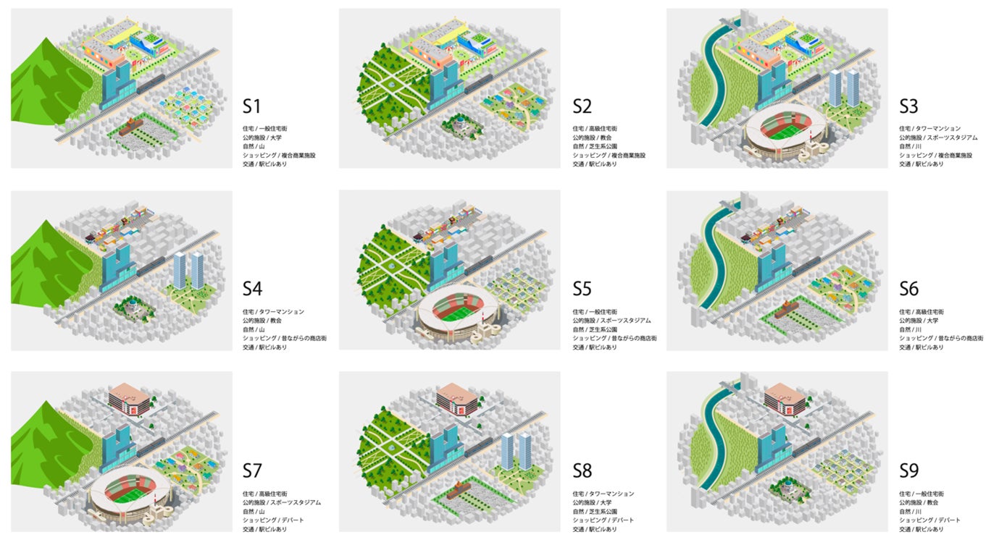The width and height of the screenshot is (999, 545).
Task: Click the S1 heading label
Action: (251, 106)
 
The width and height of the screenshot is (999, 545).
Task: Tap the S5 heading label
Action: (582, 289)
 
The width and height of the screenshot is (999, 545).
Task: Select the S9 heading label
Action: (909, 471)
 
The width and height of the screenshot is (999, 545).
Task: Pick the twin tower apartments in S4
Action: (188, 269)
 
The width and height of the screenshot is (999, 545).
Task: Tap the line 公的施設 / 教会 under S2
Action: (593, 138)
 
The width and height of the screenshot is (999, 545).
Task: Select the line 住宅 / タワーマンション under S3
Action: (930, 129)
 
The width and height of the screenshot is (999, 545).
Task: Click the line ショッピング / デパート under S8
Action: (603, 520)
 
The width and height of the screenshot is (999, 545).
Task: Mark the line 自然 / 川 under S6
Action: (912, 329)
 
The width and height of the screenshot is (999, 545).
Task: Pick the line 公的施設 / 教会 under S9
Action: (920, 502)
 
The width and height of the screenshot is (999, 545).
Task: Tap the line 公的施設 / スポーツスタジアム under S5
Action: (611, 321)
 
